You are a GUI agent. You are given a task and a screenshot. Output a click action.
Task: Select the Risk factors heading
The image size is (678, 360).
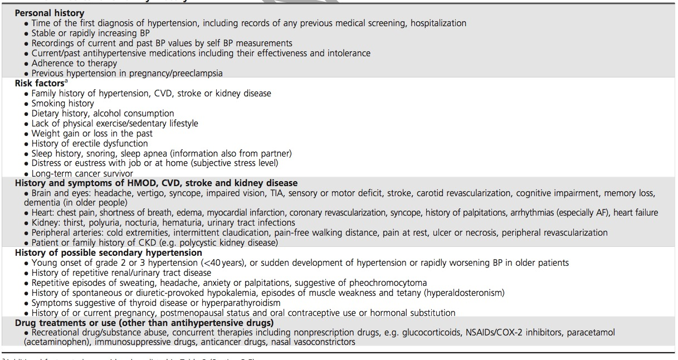click(x=40, y=84)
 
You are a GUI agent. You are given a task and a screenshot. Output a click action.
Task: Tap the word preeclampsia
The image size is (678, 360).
click(x=195, y=74)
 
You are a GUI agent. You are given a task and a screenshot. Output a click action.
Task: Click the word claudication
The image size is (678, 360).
click(x=230, y=233)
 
